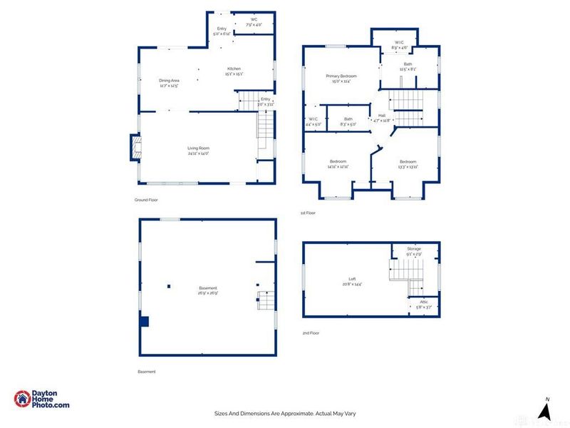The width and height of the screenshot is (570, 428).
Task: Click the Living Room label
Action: coord(198,148)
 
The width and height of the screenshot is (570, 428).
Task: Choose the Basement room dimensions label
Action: coord(208,293)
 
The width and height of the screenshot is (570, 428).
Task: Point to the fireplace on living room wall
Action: coord(134,148)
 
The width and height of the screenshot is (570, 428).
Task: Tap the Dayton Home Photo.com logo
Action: coord(42,399)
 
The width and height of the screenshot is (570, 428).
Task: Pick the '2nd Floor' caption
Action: coord(311,333)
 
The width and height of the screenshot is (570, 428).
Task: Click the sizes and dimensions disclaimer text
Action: coord(284,413)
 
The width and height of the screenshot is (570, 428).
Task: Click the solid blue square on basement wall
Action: coord(144,322)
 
